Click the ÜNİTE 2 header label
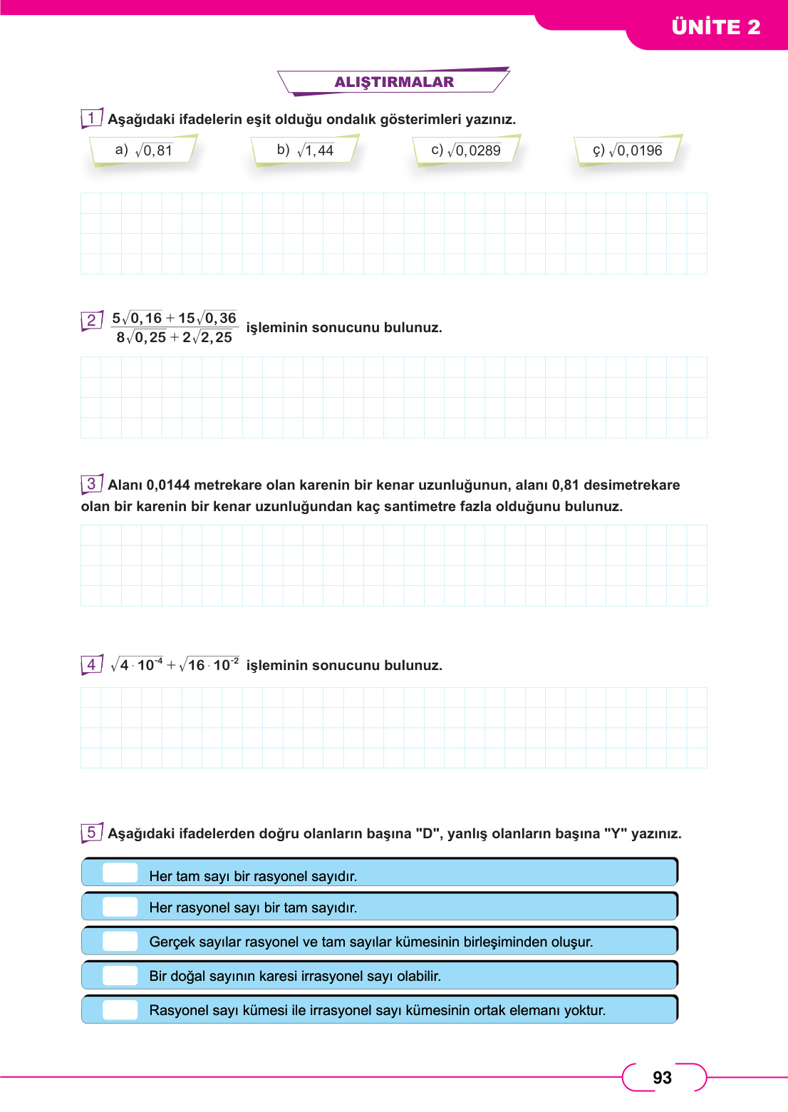tap(715, 27)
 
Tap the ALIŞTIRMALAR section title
tap(394, 82)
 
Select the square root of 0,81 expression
tap(154, 150)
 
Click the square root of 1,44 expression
tap(315, 150)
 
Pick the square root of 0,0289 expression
tap(474, 150)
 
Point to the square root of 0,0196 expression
tap(636, 150)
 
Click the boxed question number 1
tap(91, 118)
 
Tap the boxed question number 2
tap(91, 320)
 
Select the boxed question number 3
tap(91, 484)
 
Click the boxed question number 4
tap(91, 665)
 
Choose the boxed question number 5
tap(91, 832)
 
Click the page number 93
tap(662, 1078)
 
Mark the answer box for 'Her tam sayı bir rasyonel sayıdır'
tap(120, 873)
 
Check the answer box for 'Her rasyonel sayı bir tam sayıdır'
tap(120, 907)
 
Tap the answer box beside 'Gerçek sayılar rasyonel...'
tap(120, 941)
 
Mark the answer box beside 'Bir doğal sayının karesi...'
tap(120, 975)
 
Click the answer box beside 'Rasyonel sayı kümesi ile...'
tap(120, 1009)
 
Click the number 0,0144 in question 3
tap(168, 485)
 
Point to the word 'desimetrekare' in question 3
tap(631, 485)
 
